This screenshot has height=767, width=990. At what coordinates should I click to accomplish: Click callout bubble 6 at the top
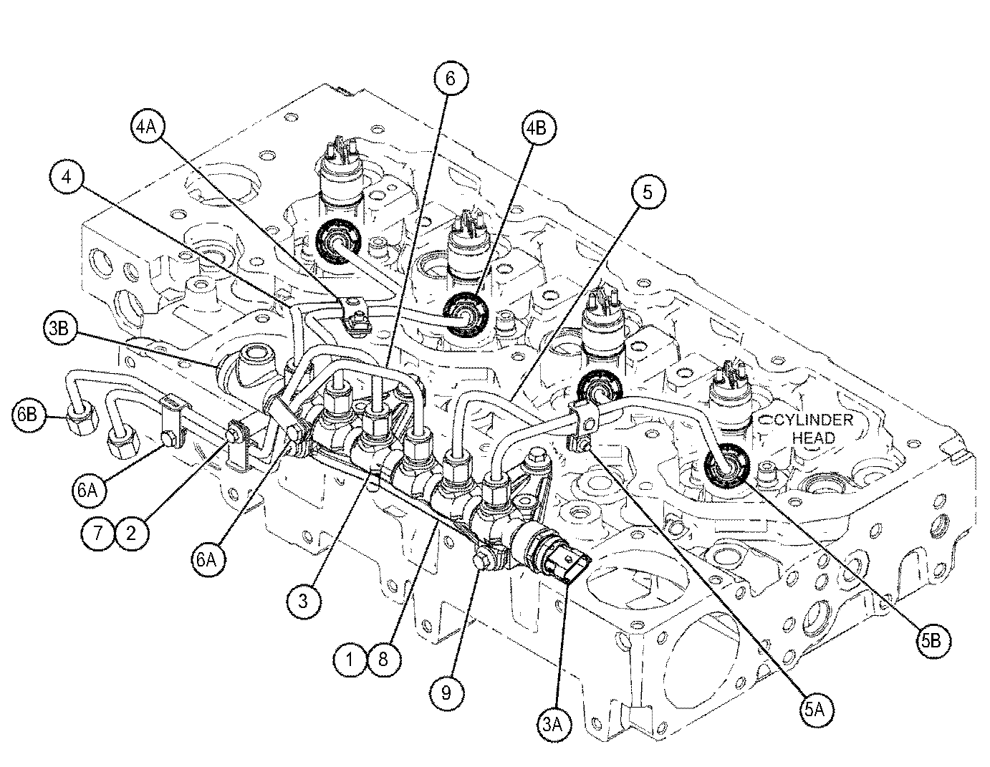coord(450,78)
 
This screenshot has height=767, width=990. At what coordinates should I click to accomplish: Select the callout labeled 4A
coord(147,127)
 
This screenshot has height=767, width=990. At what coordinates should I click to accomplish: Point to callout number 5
coord(648,193)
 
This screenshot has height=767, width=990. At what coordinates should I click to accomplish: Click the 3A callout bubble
coord(557,725)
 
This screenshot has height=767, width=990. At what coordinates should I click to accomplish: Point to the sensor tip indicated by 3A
coord(570,568)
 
